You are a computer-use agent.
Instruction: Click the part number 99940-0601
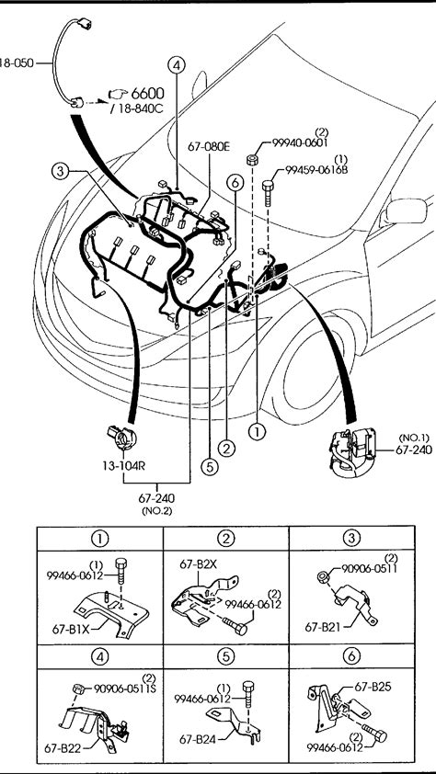299,142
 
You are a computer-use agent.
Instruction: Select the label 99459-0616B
316,170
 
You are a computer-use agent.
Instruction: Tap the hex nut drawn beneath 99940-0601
252,159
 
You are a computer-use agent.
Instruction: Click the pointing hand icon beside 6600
118,94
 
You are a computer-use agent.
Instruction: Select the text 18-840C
139,109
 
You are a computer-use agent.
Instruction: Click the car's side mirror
406,211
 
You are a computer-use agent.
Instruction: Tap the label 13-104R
123,465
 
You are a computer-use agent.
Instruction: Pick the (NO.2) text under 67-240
156,511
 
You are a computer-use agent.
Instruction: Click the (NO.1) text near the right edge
414,438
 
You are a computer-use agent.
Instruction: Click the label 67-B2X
198,565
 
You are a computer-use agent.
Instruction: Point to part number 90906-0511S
124,689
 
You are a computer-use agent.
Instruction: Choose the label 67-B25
373,686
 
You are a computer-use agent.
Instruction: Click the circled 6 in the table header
351,656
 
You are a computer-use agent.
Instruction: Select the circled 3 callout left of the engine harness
60,171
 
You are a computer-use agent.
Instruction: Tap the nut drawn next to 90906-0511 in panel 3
322,575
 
